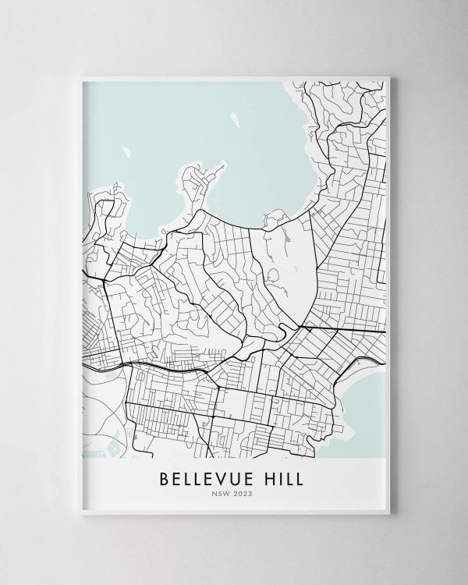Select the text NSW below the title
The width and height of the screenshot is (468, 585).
[x=222, y=493]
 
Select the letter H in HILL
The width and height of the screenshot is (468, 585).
[x=268, y=477]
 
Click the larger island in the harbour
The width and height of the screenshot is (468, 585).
[x=234, y=122]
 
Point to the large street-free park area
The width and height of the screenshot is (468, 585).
[x=292, y=265]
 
